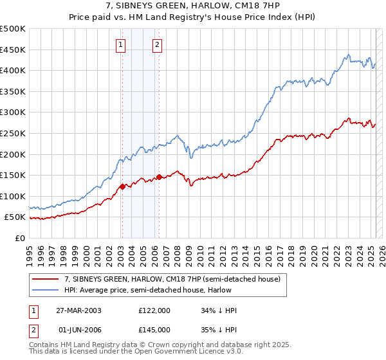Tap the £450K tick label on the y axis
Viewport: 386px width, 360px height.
(x=13, y=50)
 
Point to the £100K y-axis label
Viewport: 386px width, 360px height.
(x=13, y=196)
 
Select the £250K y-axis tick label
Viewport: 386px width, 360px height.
(x=13, y=133)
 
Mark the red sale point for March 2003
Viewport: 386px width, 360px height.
(x=122, y=187)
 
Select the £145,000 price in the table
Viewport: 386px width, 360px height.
(x=154, y=330)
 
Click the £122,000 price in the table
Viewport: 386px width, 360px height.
(x=154, y=310)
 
